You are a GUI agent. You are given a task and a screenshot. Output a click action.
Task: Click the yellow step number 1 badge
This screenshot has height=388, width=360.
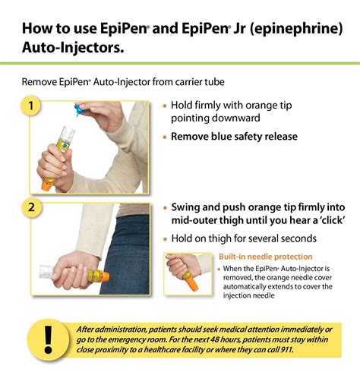pos(31,106)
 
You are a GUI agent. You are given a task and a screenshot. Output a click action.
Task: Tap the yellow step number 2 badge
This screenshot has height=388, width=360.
pos(31,207)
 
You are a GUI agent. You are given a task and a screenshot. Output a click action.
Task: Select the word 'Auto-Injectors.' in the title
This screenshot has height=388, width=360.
pos(71,50)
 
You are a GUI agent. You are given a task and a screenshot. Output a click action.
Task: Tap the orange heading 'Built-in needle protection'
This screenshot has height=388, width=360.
pos(265,257)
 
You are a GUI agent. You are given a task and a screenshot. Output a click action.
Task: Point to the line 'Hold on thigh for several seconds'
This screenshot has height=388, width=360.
pos(243,239)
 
